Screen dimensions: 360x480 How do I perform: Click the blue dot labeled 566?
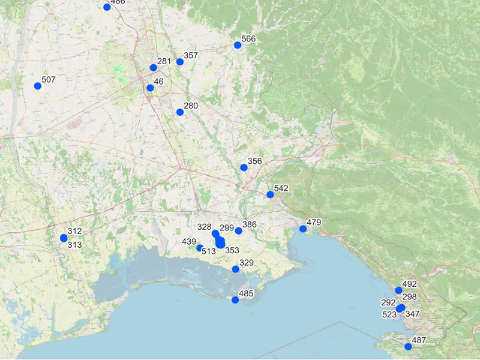(238, 45)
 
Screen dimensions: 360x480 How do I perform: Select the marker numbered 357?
(180, 62)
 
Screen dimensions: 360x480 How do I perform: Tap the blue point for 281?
(154, 68)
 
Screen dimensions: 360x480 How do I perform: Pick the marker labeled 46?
(150, 88)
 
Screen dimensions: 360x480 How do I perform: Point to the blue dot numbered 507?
(38, 86)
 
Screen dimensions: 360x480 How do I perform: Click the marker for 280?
(180, 112)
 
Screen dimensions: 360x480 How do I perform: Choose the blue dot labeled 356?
(244, 167)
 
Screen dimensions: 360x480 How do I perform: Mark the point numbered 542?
(270, 194)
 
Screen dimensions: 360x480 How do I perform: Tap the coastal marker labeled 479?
(303, 229)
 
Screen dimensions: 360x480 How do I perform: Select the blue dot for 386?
(238, 231)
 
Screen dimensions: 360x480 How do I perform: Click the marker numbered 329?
(236, 269)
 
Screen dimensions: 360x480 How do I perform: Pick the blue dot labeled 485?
(235, 300)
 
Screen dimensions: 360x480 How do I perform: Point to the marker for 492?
(398, 290)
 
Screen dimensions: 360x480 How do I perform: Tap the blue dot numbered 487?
(409, 347)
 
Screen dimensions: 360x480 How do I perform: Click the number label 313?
(74, 245)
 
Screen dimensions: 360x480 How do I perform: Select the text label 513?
(208, 251)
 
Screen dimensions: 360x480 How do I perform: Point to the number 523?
(389, 314)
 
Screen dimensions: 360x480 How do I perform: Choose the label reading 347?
(413, 314)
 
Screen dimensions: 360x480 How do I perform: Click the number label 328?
(204, 227)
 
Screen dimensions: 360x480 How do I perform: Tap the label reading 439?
(189, 242)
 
